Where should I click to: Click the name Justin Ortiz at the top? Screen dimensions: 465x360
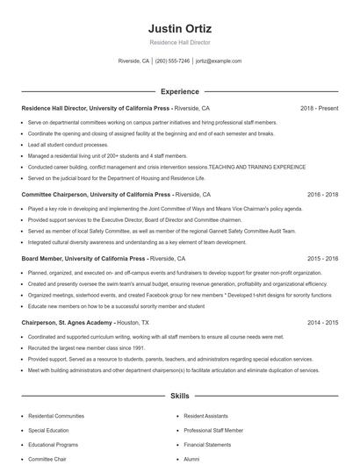[179, 28]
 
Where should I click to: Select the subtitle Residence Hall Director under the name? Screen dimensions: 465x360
[179, 41]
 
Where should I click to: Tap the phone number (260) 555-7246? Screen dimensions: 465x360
[172, 61]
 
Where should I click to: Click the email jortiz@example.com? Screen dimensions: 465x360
[218, 61]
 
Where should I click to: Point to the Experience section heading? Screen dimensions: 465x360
[179, 90]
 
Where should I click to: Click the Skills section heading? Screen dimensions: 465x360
[179, 397]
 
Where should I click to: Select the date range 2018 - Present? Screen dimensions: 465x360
[319, 108]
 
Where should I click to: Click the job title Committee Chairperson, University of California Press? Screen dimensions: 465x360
[96, 194]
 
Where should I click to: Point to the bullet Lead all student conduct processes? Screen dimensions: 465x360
[68, 144]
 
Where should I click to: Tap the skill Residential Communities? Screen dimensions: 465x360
[56, 415]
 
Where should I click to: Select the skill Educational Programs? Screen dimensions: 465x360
[54, 445]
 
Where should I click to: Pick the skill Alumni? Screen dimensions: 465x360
[191, 459]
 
